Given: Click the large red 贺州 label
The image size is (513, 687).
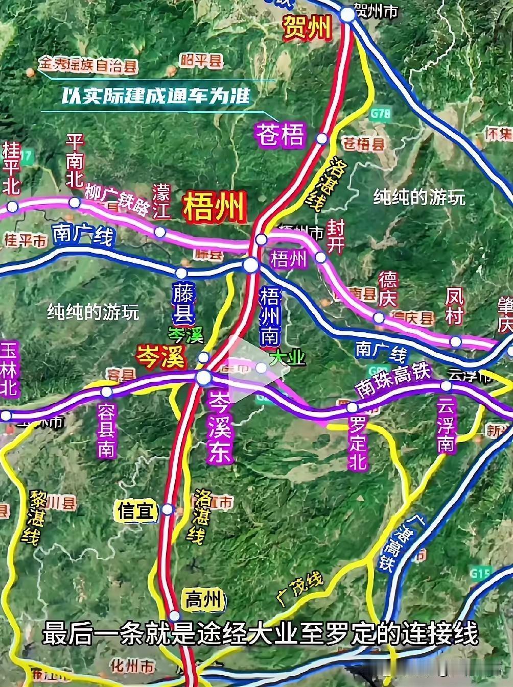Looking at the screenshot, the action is pos(308,28).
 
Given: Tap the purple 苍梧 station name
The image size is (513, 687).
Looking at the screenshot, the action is pos(281,135).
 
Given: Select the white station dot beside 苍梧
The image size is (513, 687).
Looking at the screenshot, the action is pos(322,138).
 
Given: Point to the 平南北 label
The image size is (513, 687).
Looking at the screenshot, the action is pos(75,161).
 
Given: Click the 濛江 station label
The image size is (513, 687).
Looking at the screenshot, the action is pos(161,202).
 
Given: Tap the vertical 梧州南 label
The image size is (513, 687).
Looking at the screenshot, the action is pos(269,315).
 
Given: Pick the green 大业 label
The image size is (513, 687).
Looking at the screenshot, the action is pos(287,358).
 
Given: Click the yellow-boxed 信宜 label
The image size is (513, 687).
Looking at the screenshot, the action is pos(136,510).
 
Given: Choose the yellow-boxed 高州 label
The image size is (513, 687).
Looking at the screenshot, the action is pos(203,600).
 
